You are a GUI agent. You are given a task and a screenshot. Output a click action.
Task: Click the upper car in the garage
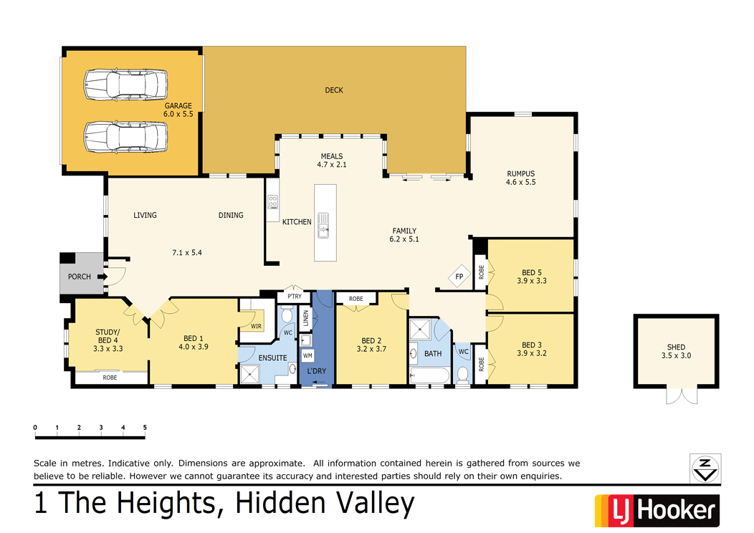point(125,85)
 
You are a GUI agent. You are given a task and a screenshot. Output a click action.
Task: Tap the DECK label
point(334,90)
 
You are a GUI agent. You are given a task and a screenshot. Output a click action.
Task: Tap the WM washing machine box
point(307,355)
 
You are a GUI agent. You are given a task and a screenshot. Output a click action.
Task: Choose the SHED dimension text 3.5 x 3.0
point(676,356)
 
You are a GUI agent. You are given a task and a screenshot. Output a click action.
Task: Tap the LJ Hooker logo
point(657,510)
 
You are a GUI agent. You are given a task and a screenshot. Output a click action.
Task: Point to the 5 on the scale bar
point(145,428)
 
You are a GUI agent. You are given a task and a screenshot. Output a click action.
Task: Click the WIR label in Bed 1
point(256,327)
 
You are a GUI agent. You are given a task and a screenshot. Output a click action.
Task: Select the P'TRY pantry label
point(295,297)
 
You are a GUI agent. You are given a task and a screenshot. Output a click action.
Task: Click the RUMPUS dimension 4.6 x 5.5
point(520,182)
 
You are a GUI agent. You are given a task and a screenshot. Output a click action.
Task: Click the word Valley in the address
point(372,504)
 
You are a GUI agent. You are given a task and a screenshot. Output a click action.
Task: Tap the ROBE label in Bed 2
point(355,299)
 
